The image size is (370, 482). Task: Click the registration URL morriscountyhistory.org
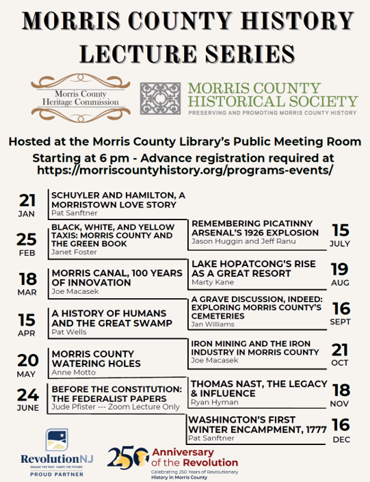tap(185, 169)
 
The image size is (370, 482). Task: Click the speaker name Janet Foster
tap(72, 252)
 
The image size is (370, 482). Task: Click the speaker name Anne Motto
tap(70, 373)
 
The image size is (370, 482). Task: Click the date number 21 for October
tap(340, 349)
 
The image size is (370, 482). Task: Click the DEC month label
tap(340, 440)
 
